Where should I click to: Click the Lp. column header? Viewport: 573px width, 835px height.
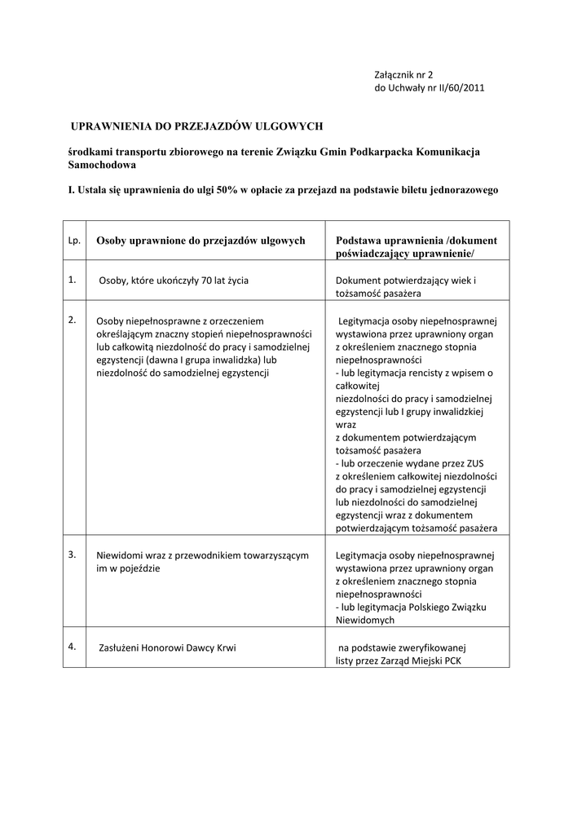(73, 241)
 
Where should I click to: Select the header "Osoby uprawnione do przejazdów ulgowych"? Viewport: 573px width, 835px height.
(201, 241)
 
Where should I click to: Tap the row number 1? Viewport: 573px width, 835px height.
(73, 279)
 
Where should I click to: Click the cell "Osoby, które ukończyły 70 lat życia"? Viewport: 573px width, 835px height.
(174, 281)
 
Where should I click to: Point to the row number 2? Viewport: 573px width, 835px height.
(73, 319)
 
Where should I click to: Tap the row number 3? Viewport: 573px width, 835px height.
(73, 554)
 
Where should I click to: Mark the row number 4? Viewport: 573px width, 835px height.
(73, 646)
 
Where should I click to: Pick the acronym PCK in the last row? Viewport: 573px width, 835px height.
(452, 661)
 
